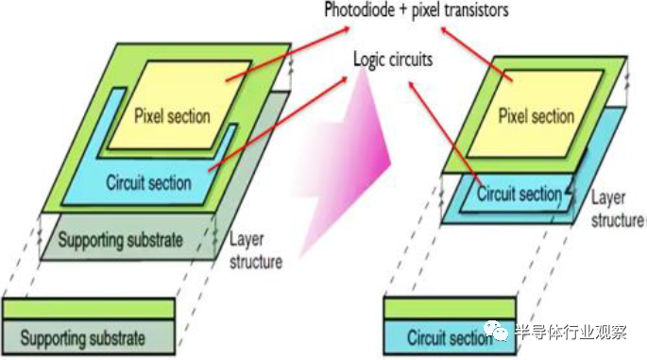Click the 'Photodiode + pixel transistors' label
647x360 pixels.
click(417, 9)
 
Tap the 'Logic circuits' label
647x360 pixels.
click(393, 60)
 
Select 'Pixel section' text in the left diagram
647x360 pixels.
click(172, 116)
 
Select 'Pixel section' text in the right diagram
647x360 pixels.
click(536, 115)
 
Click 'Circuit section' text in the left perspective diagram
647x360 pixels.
click(148, 182)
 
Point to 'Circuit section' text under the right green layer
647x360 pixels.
click(519, 194)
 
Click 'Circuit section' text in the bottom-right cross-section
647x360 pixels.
click(450, 337)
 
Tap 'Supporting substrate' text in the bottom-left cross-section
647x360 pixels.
click(82, 338)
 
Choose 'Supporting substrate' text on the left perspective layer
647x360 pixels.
click(120, 240)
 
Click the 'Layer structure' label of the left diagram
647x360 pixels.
click(256, 250)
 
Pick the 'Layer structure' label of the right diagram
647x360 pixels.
click(618, 209)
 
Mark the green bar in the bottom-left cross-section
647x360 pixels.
click(88, 309)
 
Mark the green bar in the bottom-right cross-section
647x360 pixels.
click(450, 308)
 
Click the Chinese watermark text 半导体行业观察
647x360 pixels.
click(571, 332)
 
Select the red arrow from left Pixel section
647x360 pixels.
click(287, 54)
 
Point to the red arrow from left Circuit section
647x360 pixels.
click(278, 124)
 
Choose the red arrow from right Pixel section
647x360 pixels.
click(477, 54)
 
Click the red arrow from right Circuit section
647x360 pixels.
click(445, 133)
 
